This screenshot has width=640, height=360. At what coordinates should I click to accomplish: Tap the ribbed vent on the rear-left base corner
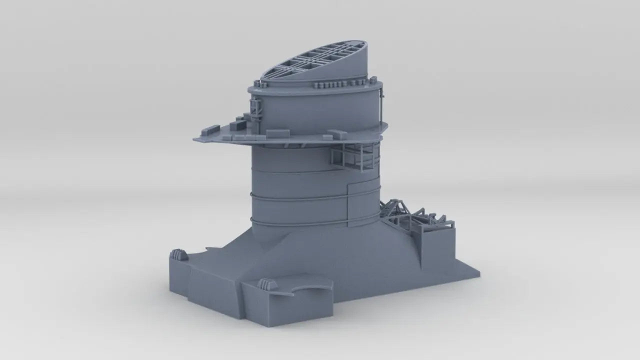179,255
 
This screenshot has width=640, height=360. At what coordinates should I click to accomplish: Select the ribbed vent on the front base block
268,284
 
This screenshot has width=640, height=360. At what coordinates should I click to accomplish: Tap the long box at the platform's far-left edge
208,131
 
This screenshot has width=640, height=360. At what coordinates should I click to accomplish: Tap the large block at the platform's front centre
277,133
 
